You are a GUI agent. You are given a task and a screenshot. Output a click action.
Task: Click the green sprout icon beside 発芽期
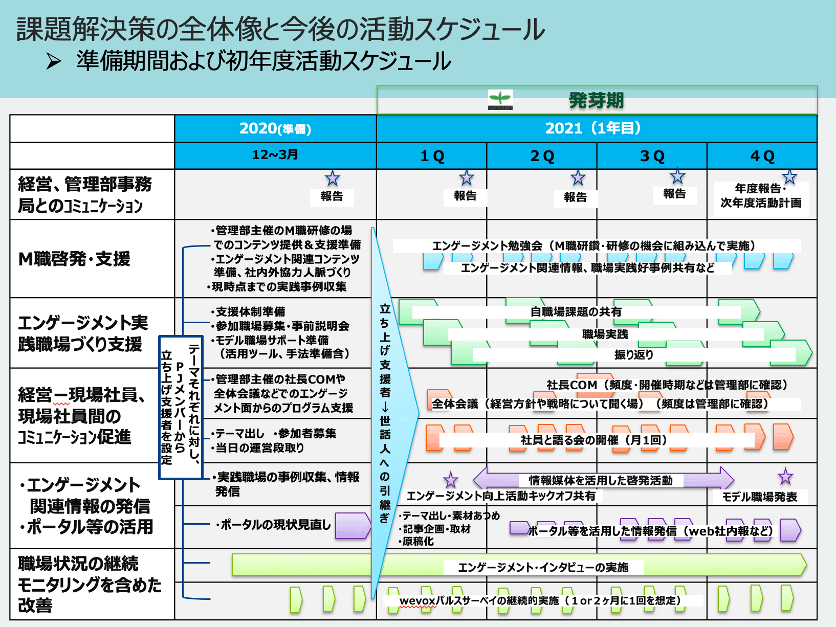pos(500,99)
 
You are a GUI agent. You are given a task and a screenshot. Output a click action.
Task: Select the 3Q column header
pos(652,156)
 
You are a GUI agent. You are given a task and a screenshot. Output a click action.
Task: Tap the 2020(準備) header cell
pos(275,128)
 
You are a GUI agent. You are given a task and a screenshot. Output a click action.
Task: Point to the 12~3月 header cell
pos(275,155)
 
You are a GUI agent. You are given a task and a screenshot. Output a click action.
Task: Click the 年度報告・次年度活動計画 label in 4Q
pos(761,196)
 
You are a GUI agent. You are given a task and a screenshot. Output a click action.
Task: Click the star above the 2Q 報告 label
pos(578,178)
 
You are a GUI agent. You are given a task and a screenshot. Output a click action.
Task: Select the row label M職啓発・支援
pos(75,259)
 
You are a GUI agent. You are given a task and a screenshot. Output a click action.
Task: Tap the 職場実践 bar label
pos(605,334)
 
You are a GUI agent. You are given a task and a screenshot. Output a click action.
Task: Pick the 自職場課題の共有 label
pos(576,311)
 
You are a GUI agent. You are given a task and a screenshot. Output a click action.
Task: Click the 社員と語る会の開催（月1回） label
pos(593,440)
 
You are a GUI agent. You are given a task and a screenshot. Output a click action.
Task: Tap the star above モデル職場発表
pos(785,477)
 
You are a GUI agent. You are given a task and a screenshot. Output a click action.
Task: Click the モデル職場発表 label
pos(760,497)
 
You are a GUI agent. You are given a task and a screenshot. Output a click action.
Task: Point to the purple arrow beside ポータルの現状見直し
pos(353,526)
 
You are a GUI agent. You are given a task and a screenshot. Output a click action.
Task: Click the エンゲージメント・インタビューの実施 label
pos(543,567)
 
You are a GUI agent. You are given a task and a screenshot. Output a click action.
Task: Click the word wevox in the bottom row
pos(417,600)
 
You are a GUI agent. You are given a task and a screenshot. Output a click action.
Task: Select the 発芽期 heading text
pos(596,100)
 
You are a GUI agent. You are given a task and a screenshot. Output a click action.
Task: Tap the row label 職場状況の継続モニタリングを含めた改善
pos(90,584)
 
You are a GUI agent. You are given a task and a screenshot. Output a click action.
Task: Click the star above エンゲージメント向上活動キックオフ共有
pos(451,480)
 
